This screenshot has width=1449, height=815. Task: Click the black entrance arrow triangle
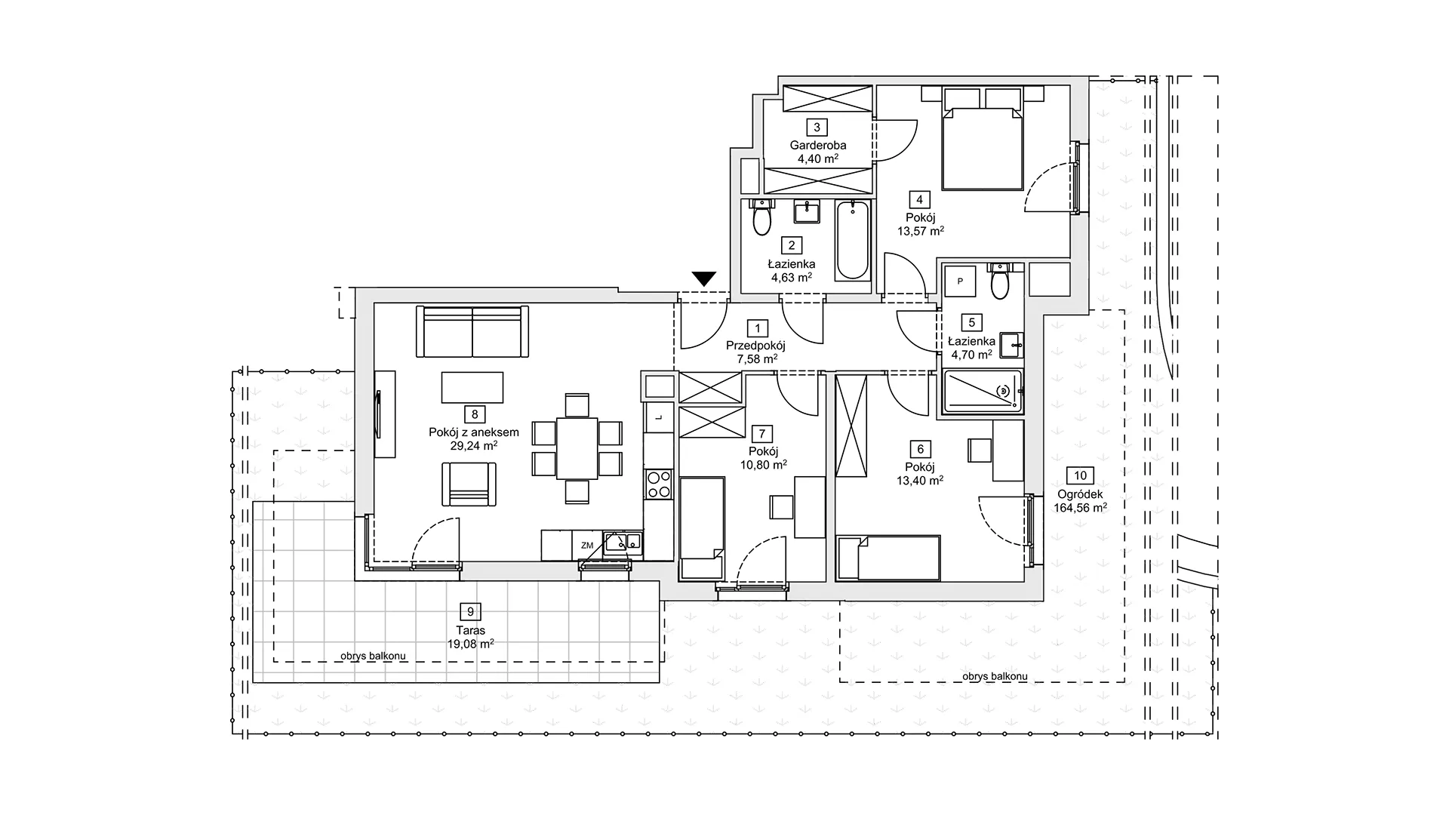pyautogui.click(x=704, y=278)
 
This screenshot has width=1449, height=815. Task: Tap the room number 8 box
pyautogui.click(x=475, y=414)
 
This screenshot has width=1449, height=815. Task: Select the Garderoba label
pyautogui.click(x=818, y=145)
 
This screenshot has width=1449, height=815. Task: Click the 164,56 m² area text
pyautogui.click(x=1081, y=508)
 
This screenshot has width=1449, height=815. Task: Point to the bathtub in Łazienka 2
pyautogui.click(x=853, y=239)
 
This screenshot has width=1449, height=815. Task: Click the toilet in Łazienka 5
pyautogui.click(x=1000, y=280)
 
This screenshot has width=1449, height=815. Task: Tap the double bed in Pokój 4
pyautogui.click(x=982, y=147)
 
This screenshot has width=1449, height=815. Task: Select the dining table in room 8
pyautogui.click(x=577, y=448)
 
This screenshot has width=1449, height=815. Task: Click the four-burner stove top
pyautogui.click(x=659, y=483)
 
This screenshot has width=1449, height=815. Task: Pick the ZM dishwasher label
pyautogui.click(x=587, y=545)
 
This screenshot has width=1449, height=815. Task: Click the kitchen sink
pyautogui.click(x=623, y=543)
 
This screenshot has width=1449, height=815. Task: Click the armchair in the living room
pyautogui.click(x=469, y=484)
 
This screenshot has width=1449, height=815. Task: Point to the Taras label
pyautogui.click(x=470, y=630)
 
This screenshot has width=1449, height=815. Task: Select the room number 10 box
pyautogui.click(x=1081, y=475)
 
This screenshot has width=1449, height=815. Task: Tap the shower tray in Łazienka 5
pyautogui.click(x=981, y=391)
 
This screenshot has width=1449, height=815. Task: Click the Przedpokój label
pyautogui.click(x=755, y=346)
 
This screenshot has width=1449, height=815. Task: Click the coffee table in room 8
pyautogui.click(x=472, y=388)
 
